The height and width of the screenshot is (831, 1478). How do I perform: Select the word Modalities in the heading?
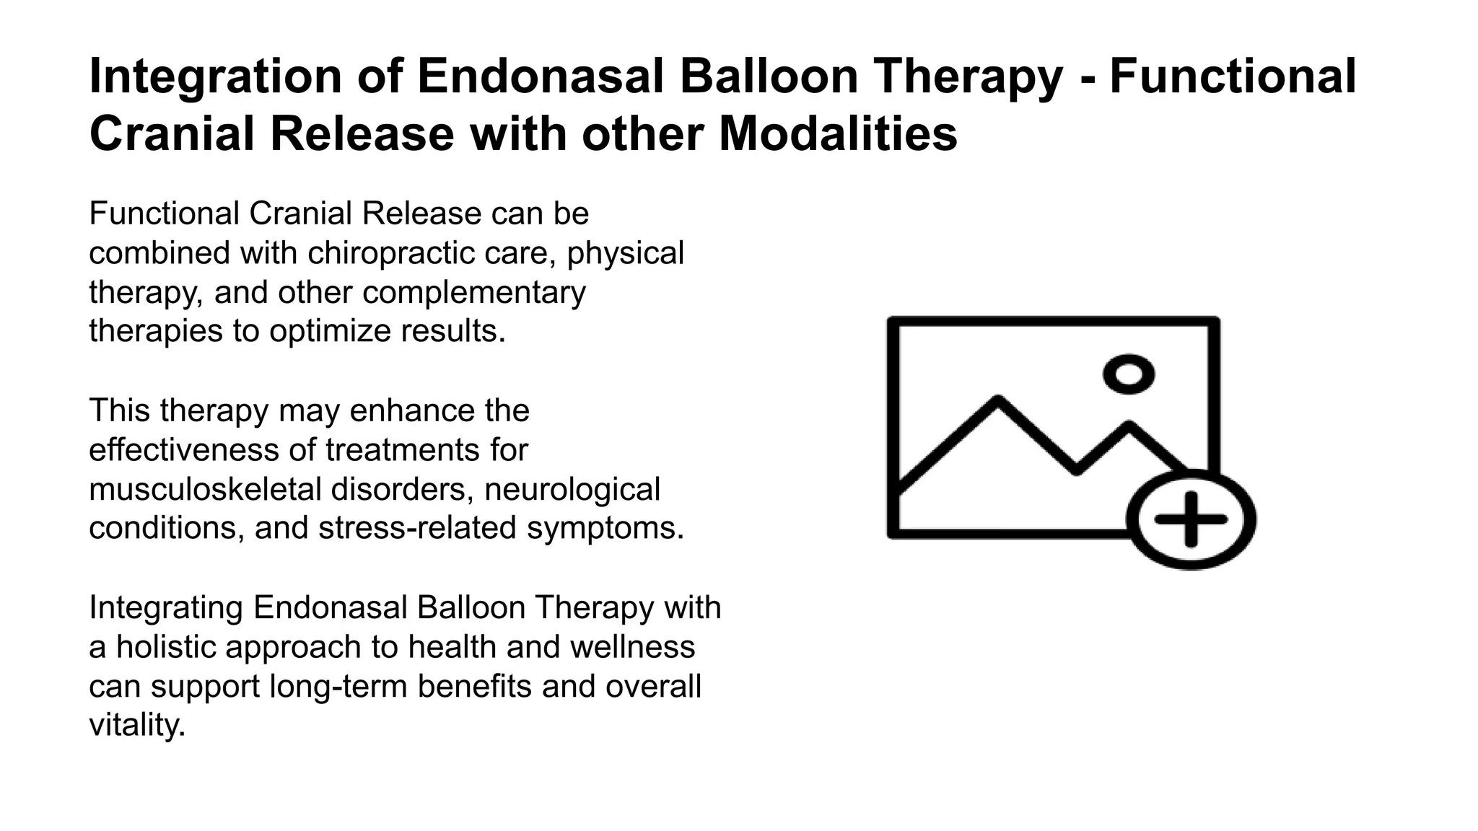[838, 134]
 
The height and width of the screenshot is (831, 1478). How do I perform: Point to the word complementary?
[474, 293]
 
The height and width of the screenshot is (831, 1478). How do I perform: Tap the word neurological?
[572, 490]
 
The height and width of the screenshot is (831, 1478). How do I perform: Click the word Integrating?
[166, 608]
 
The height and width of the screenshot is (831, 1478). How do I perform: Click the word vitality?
[137, 725]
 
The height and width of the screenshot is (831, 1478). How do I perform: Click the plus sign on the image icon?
[1191, 519]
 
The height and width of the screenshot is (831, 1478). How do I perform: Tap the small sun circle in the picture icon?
[1129, 374]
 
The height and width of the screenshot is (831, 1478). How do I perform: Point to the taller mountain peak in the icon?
[998, 401]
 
